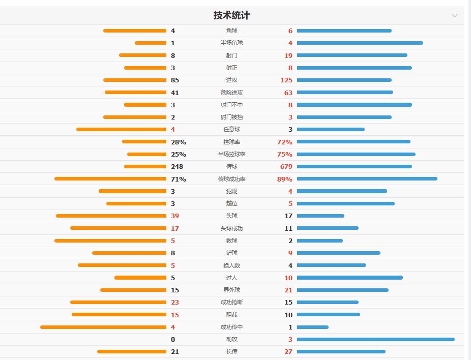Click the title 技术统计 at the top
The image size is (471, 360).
point(231,15)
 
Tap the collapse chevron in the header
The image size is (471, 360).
point(455,15)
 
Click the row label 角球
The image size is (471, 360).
point(231,31)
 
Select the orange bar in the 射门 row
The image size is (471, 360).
point(142,55)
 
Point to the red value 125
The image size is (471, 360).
point(286,80)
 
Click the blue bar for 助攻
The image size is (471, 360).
point(375,339)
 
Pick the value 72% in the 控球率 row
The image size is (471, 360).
point(284,142)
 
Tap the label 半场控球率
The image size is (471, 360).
point(231,154)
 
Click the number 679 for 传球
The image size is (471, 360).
point(286,166)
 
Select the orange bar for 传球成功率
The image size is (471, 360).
point(110,179)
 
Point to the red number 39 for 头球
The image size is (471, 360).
point(175,216)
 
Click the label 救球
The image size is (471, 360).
point(231,241)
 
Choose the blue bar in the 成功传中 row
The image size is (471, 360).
point(312,327)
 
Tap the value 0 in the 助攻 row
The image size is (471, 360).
point(173,339)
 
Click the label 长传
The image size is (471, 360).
point(231,351)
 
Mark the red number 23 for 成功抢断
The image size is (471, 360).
point(175,302)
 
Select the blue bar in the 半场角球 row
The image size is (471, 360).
point(360,43)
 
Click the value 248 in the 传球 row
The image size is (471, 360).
point(177,166)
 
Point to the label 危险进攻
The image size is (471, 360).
point(231,93)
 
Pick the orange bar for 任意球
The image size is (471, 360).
point(121,129)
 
